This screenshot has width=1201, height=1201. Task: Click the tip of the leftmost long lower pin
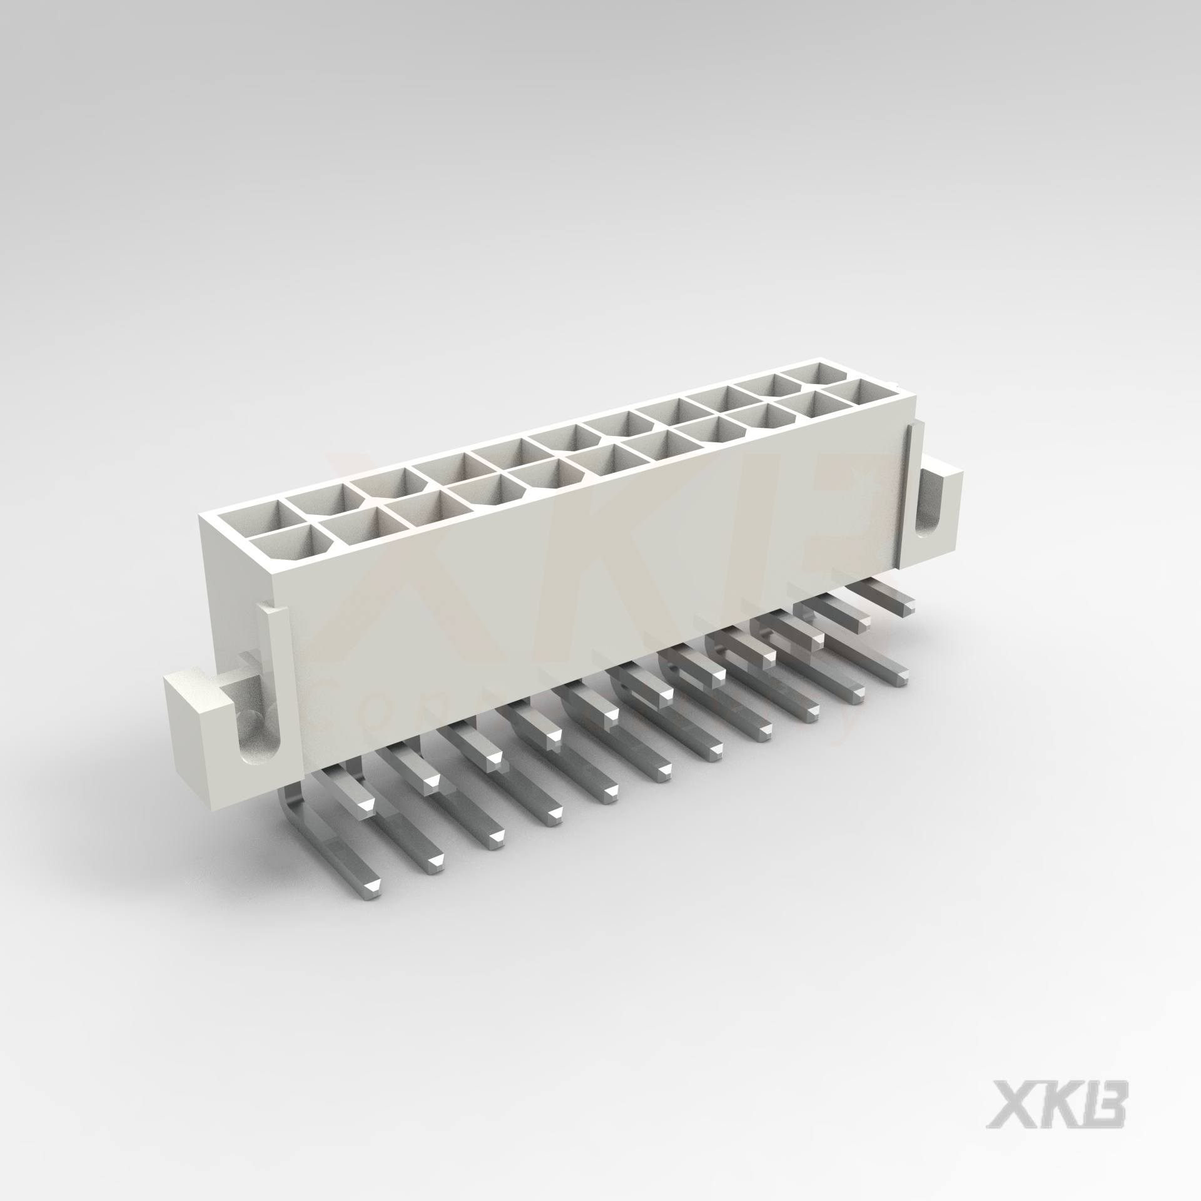(x=373, y=886)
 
